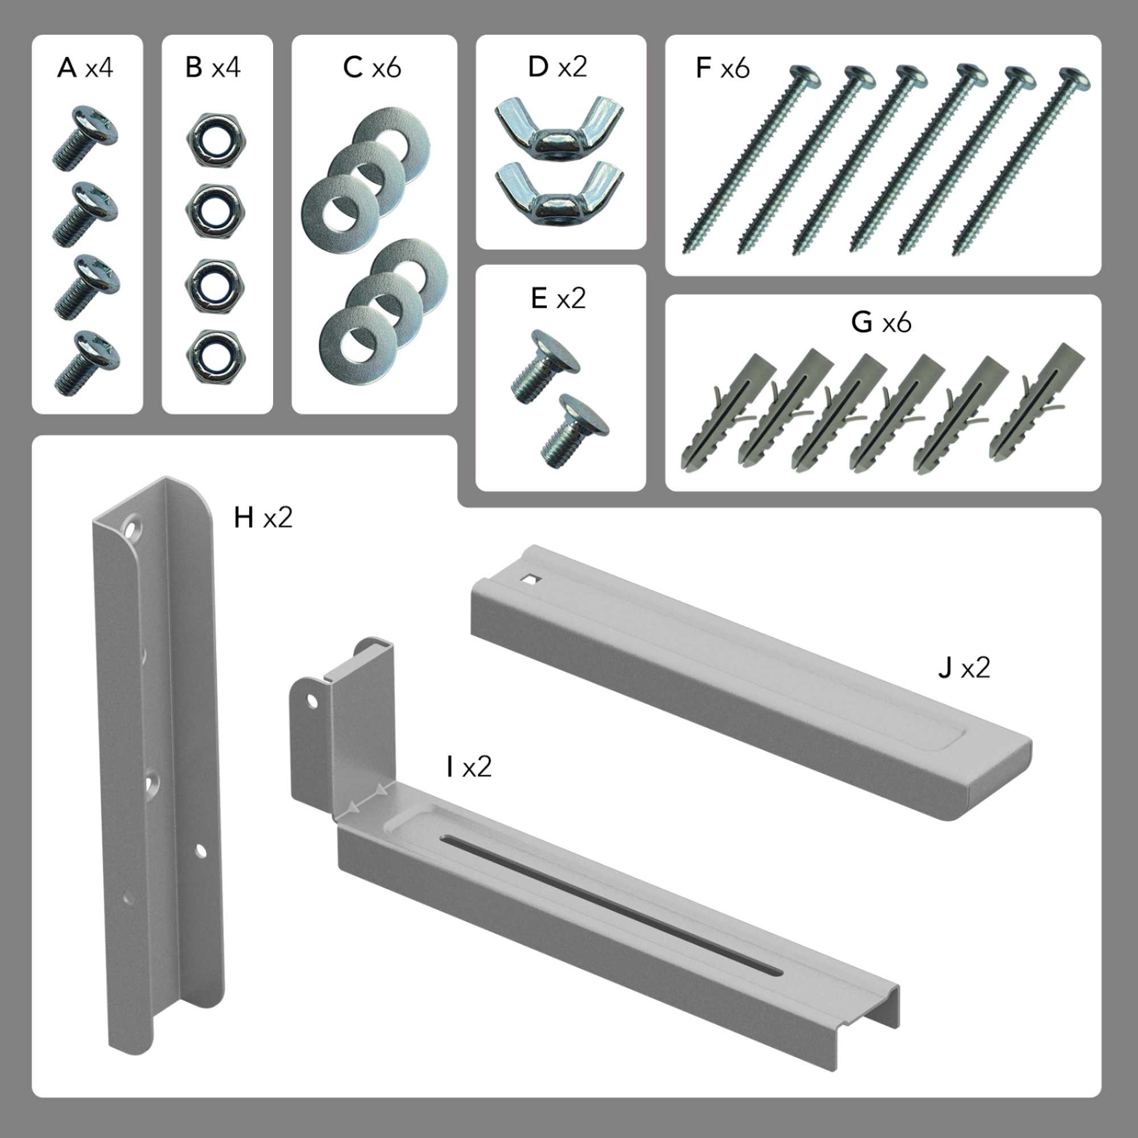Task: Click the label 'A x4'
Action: tap(85, 68)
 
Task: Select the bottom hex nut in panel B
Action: tap(216, 355)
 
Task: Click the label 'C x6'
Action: tap(372, 68)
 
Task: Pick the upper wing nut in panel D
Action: tap(559, 127)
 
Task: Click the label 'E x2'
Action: tap(558, 299)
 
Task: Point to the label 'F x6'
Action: tap(722, 68)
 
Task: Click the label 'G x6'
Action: tap(881, 322)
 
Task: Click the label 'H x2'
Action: tap(263, 518)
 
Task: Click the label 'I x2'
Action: tap(469, 768)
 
